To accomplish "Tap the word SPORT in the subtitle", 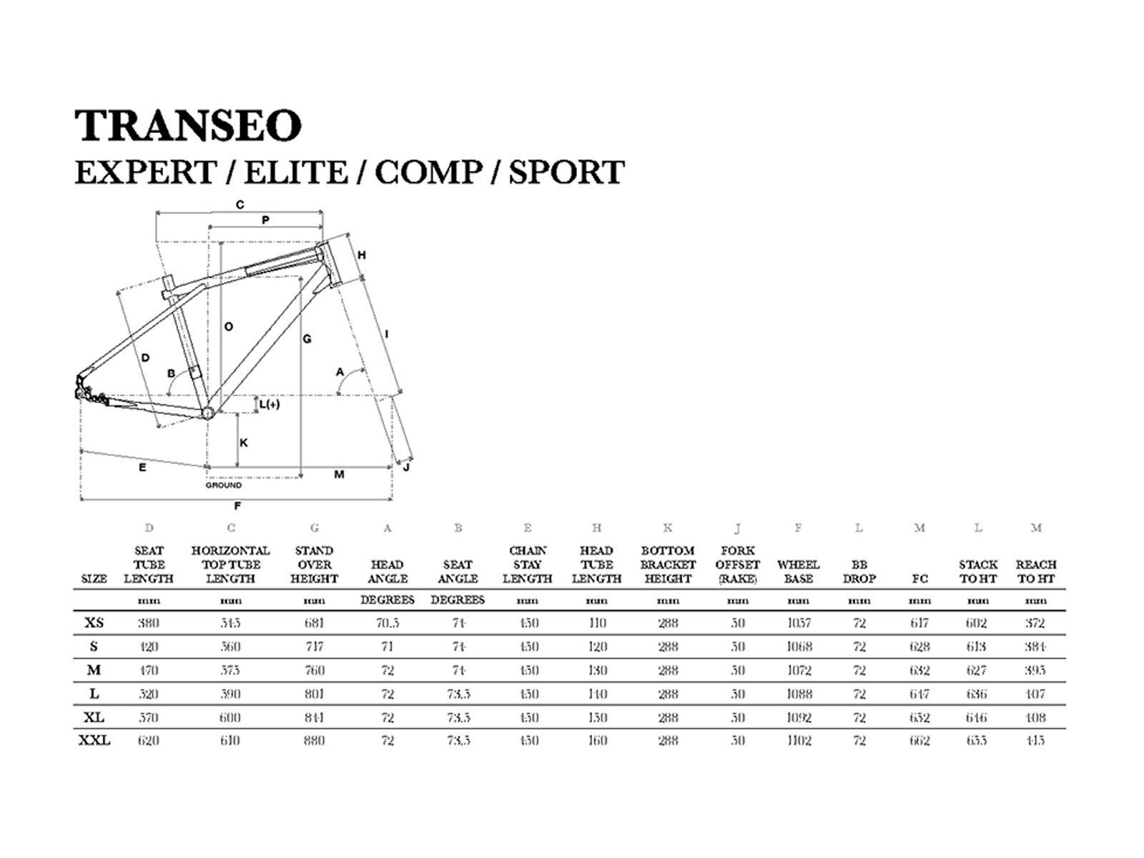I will click(566, 172).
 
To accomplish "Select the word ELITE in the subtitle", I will click(296, 172).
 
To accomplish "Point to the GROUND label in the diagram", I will click(224, 485).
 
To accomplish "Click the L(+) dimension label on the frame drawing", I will click(269, 405).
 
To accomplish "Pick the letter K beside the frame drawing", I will click(244, 443).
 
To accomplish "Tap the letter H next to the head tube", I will click(362, 255).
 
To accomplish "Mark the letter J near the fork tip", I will click(406, 468).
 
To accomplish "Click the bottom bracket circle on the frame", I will click(208, 413).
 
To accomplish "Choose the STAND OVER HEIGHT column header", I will click(314, 565).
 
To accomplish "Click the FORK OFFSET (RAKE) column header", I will click(737, 565).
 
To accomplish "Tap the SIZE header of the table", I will click(94, 579).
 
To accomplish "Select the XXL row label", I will click(94, 741).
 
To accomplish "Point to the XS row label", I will click(94, 623).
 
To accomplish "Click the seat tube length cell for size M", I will click(149, 670).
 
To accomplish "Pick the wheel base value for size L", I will click(799, 694).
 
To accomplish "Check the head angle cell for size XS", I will click(387, 623).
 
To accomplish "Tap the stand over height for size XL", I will click(314, 717).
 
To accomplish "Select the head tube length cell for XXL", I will click(596, 741).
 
